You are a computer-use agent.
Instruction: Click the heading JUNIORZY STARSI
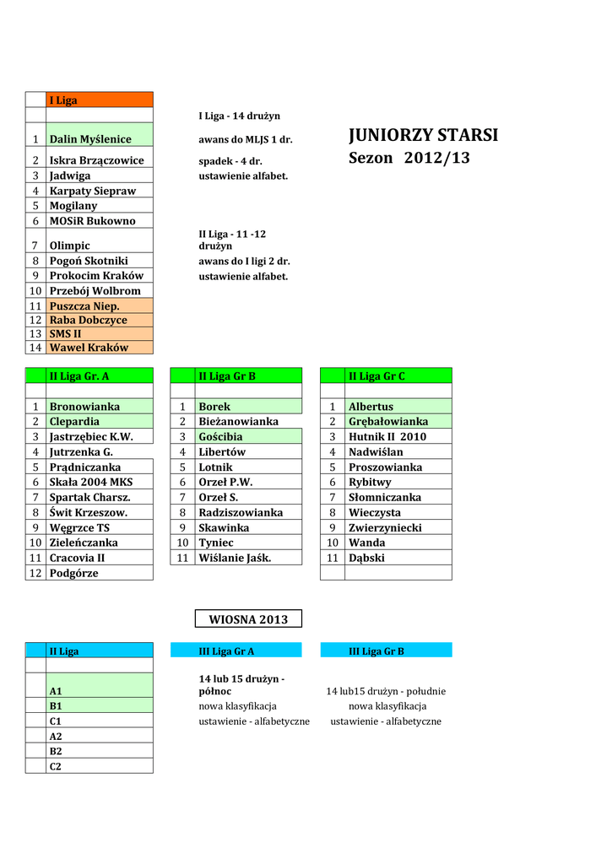click(x=423, y=136)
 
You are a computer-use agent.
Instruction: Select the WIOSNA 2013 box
click(x=248, y=619)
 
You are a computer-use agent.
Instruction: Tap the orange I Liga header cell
click(x=99, y=100)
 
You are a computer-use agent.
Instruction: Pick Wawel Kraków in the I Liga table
click(x=99, y=347)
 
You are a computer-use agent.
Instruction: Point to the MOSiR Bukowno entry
click(x=99, y=221)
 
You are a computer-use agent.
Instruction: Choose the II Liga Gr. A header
click(x=99, y=375)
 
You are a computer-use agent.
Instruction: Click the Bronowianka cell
click(x=99, y=407)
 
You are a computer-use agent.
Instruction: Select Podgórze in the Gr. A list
click(x=99, y=573)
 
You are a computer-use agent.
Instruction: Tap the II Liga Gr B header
click(x=248, y=375)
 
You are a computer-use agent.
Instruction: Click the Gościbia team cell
click(x=248, y=437)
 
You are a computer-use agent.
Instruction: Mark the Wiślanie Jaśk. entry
click(x=248, y=558)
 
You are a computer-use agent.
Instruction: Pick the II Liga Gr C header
click(x=398, y=375)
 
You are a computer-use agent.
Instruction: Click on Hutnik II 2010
click(x=398, y=437)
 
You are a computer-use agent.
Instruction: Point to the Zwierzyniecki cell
click(x=398, y=527)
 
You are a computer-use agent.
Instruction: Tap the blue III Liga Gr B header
click(x=387, y=651)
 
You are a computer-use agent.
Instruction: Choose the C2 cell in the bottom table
click(x=99, y=766)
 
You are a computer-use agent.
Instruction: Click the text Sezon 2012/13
click(x=409, y=159)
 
